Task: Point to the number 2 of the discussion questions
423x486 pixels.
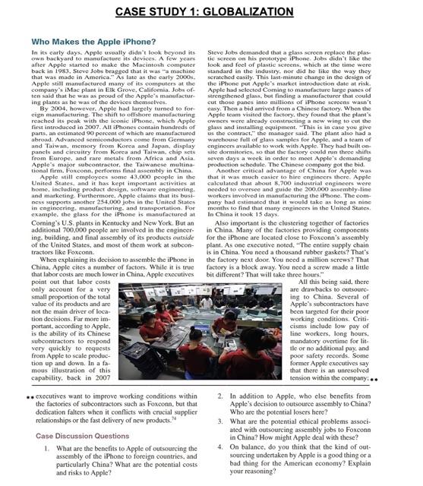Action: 219,396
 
